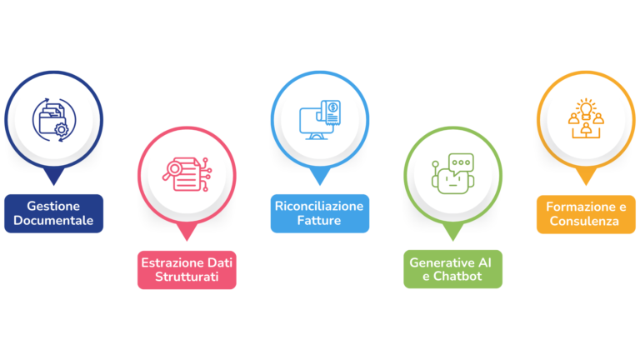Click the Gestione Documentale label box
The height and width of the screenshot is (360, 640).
coord(53,213)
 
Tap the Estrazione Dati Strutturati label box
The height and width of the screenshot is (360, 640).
coord(187,269)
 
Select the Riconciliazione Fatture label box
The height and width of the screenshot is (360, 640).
coord(319,213)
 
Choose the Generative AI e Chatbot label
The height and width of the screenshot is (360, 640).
coord(452,269)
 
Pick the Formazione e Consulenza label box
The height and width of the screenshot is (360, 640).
coord(586,213)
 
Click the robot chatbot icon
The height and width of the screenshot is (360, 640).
coord(452,173)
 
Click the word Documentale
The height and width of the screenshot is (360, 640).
coord(53,221)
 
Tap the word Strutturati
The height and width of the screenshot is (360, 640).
coord(187,277)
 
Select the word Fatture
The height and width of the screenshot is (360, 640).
coord(319,221)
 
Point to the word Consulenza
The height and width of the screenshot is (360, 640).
coord(586,221)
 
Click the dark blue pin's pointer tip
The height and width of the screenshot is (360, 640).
coord(53,182)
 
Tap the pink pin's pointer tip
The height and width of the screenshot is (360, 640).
coord(187,238)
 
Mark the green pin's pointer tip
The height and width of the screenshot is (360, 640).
coord(452,237)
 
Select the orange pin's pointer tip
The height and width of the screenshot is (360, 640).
coord(586,182)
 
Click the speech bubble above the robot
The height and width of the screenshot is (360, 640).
coord(459,162)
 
